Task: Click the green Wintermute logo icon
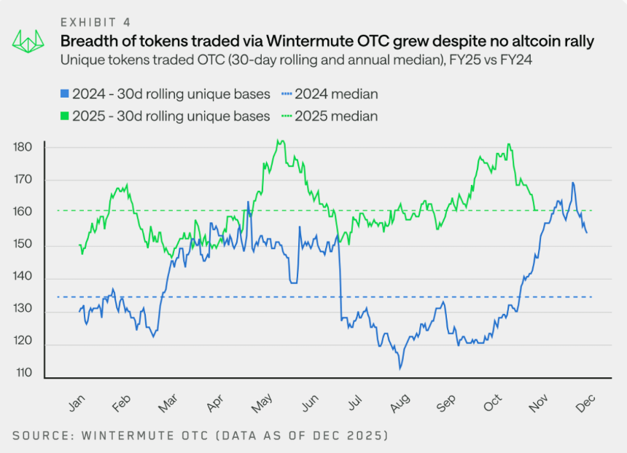coord(27,42)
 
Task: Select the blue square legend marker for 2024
coord(65,94)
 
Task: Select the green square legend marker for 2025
coord(65,116)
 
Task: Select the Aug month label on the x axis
coord(399,402)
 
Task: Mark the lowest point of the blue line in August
coord(400,369)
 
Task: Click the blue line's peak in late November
coord(573,183)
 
